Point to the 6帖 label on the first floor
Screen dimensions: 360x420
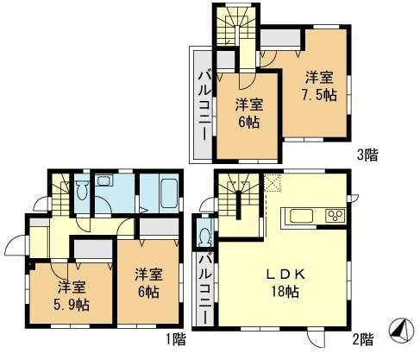click(146, 284)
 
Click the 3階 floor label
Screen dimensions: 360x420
click(366, 155)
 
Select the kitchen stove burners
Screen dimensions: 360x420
click(334, 215)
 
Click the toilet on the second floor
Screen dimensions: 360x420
click(205, 234)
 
